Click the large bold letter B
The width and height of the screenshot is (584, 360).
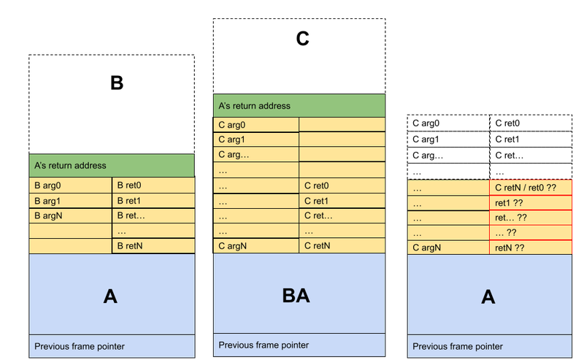117,83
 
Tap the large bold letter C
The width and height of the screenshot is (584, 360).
302,39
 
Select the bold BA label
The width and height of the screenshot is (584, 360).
296,296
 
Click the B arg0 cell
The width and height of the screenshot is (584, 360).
70,185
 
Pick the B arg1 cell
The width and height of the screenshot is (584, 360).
70,201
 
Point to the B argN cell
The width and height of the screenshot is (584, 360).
70,215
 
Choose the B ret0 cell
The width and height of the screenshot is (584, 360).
153,185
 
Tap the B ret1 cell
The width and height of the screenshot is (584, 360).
153,201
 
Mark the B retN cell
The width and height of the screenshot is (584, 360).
153,246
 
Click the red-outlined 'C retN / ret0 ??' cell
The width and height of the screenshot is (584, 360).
531,188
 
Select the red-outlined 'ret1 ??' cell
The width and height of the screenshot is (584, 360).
531,203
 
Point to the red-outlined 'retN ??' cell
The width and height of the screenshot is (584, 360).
531,248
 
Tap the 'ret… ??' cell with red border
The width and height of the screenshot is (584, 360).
531,218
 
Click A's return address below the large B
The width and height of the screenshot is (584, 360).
112,166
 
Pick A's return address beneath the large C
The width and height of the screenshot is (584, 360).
299,106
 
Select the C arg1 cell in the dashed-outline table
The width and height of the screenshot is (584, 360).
448,139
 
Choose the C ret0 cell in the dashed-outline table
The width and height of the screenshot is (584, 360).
531,123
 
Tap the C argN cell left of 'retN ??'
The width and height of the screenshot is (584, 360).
448,248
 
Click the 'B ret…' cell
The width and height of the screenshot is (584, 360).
153,215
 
